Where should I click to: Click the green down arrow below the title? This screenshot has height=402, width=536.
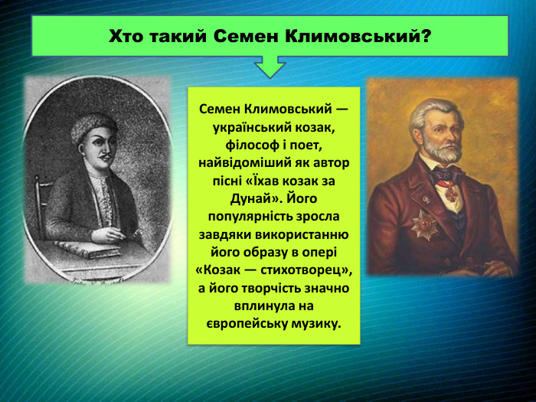tap(270, 67)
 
